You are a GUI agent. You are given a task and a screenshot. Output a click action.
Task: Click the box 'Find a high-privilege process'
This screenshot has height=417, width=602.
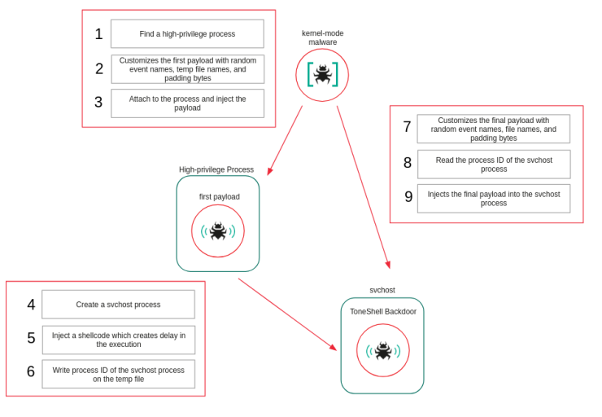coord(187,34)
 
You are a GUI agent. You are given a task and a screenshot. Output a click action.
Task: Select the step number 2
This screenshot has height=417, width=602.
coord(99,69)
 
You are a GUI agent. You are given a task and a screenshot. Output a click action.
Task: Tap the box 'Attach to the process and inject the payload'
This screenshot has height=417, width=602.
coord(187,103)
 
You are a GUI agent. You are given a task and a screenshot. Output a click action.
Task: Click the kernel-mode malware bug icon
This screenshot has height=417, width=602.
coord(322,75)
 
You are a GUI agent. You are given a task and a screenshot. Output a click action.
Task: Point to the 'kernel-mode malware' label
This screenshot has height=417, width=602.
coord(322,37)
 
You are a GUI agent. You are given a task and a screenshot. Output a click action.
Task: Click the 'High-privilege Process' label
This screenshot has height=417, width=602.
coord(216,169)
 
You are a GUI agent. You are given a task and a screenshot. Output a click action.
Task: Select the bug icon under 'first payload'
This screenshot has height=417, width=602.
coord(218,231)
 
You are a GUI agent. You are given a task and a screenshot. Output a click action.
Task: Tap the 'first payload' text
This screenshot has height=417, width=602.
coord(220,196)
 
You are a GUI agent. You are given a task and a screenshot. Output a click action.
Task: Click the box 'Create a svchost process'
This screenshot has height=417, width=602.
coord(118,305)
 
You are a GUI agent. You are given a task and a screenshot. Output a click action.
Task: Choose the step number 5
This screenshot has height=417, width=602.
coord(31,338)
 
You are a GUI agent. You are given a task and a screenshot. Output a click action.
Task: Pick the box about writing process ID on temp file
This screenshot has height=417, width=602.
coord(118,375)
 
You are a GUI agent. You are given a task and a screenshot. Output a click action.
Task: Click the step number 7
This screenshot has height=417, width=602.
coord(407,127)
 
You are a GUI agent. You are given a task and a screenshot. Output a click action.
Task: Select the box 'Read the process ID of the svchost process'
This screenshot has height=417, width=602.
coord(493,165)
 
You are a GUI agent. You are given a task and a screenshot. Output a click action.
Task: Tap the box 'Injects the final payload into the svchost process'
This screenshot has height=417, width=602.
coord(493,199)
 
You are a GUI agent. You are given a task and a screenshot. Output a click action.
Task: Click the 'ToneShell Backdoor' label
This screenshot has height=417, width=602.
coord(382,311)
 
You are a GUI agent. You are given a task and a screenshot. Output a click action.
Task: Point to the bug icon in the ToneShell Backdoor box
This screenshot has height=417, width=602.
coord(382,351)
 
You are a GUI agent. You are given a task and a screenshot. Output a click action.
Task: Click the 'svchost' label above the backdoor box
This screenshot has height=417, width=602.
coord(382,290)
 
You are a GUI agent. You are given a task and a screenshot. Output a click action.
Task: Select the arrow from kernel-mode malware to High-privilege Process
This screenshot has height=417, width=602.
coord(285,140)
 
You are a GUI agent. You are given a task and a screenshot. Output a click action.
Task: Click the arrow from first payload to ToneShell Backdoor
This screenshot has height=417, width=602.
coord(286,314)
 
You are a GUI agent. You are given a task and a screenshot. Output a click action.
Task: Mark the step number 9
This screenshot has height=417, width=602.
coord(408,197)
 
